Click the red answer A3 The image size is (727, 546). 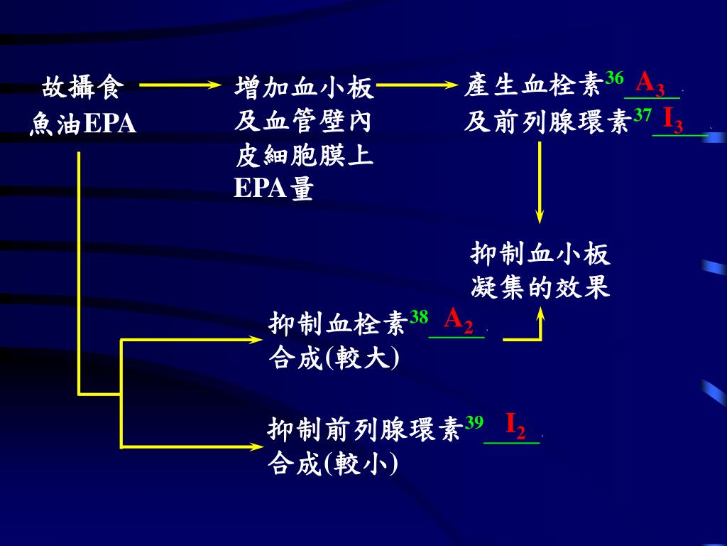tap(650, 84)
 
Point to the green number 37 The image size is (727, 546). tap(642, 114)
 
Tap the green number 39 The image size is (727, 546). tap(474, 422)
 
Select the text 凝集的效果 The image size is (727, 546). tap(540, 288)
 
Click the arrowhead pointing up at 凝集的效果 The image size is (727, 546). tap(541, 311)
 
